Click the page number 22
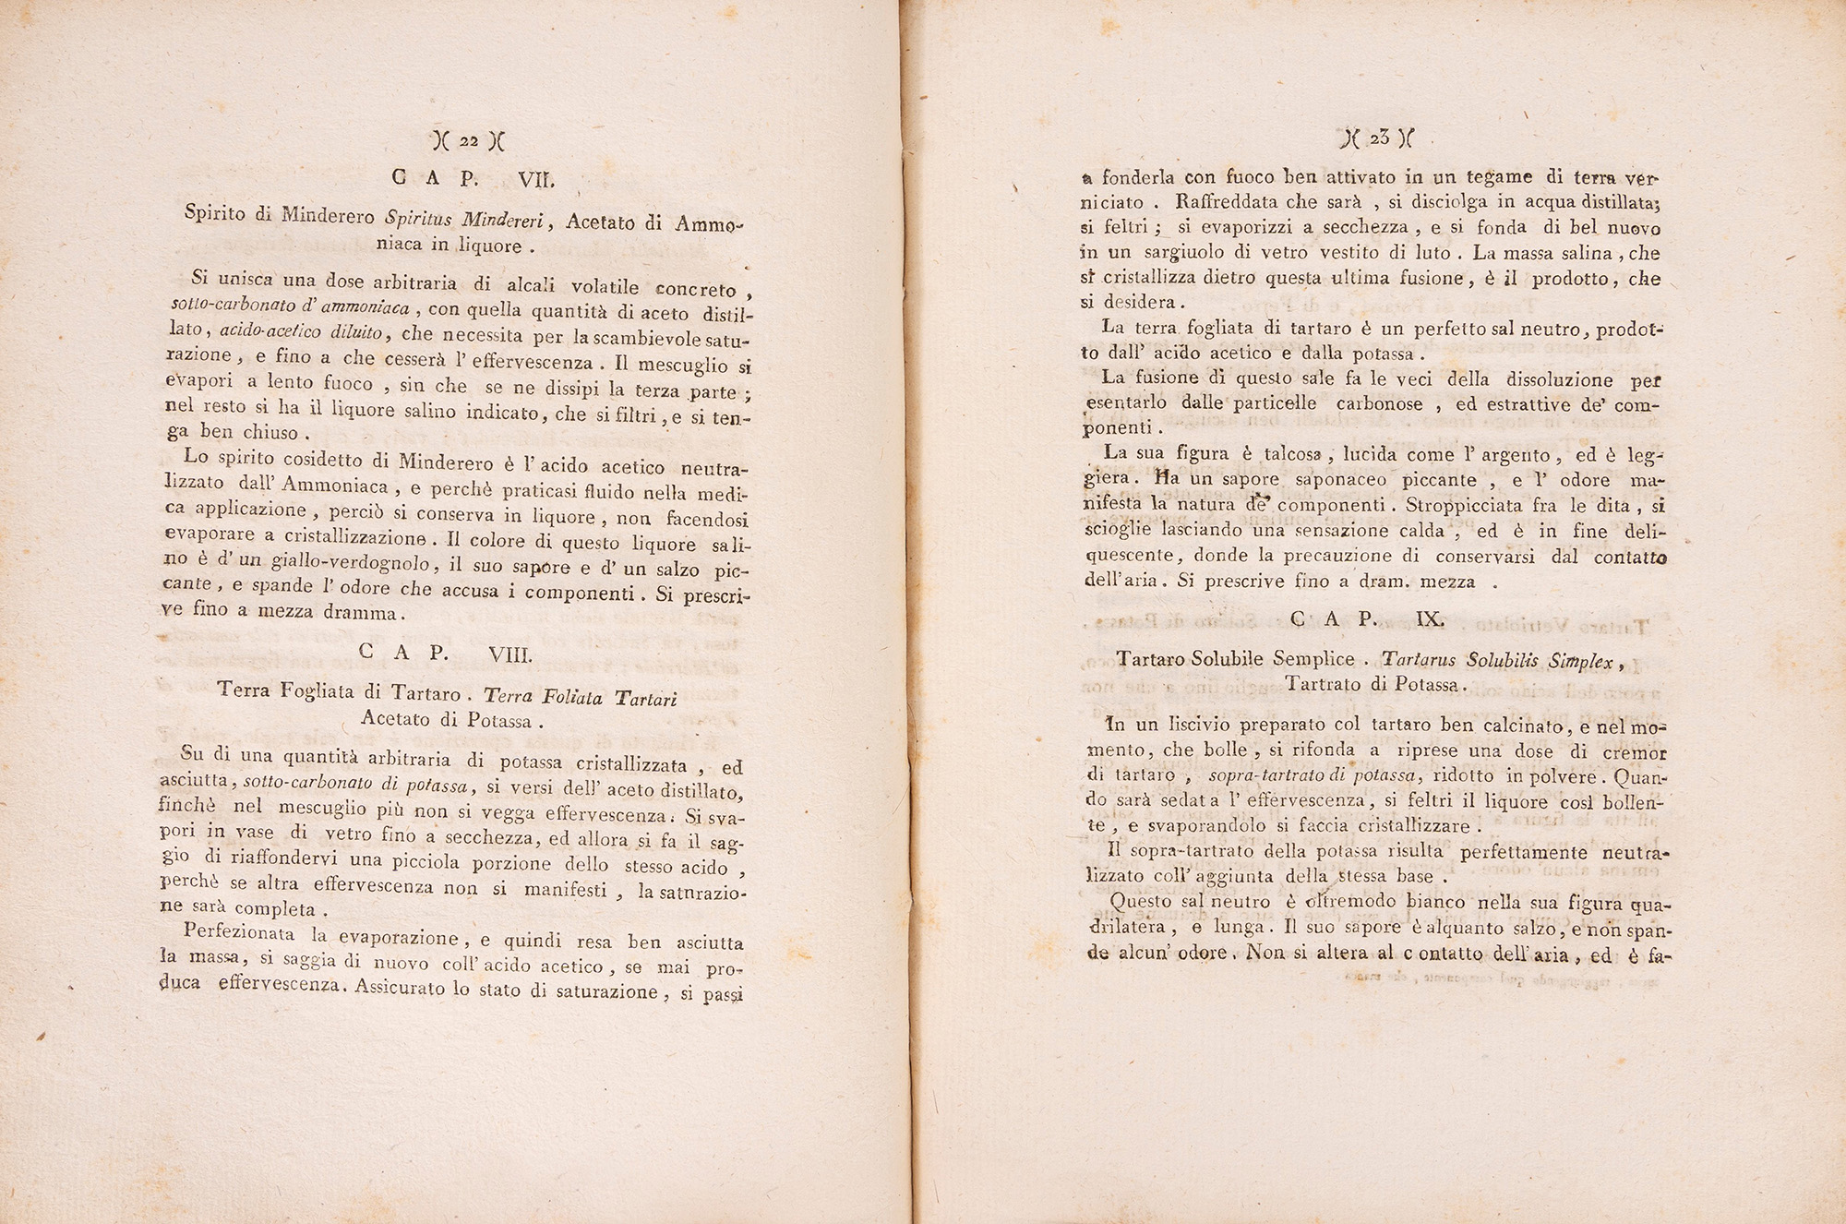coord(468,141)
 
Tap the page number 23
coord(1379,139)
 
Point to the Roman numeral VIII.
coord(510,654)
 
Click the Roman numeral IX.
coord(1430,618)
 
